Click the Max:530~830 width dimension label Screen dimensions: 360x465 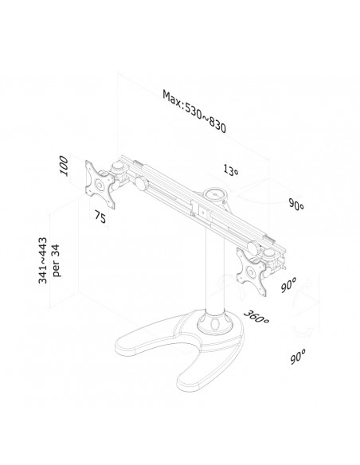[194, 111]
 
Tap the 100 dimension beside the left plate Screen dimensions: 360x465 [64, 166]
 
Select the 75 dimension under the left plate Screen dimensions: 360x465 [100, 217]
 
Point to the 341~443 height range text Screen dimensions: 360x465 [43, 260]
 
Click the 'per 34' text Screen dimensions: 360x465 [56, 260]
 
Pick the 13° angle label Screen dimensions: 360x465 [231, 170]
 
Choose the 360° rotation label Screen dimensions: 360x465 [256, 317]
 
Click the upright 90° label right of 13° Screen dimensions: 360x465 [296, 205]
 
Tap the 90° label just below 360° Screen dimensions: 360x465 [298, 357]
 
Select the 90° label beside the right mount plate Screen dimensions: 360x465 [288, 285]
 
